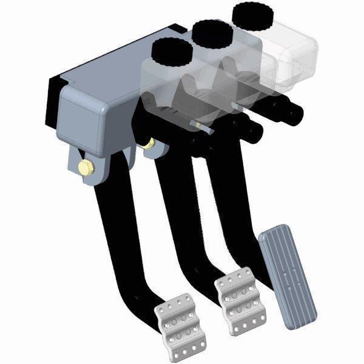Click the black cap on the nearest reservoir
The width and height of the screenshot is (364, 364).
(x=171, y=52)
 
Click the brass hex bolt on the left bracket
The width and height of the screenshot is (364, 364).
(x=86, y=169)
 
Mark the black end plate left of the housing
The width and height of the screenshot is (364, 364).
(x=55, y=97)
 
